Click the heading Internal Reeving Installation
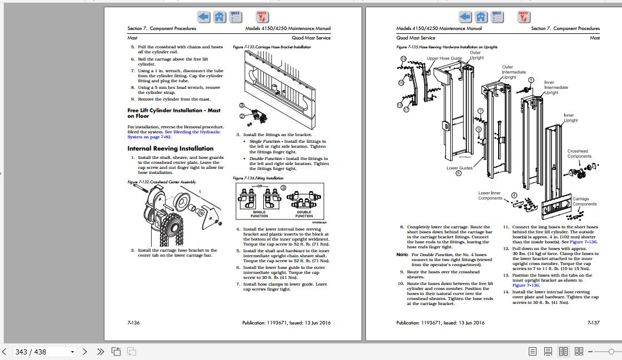170,148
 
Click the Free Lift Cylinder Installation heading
174,113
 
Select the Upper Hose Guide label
444,58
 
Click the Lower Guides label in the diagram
459,168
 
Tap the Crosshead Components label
579,153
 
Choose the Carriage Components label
584,201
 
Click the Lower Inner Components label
490,196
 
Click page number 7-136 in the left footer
133,322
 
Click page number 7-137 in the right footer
593,322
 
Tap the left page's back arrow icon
204,17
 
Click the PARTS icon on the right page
523,17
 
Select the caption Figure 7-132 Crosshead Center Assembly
162,182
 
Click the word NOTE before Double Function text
402,254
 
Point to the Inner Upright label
570,118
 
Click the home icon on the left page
220,17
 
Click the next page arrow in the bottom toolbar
85,352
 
